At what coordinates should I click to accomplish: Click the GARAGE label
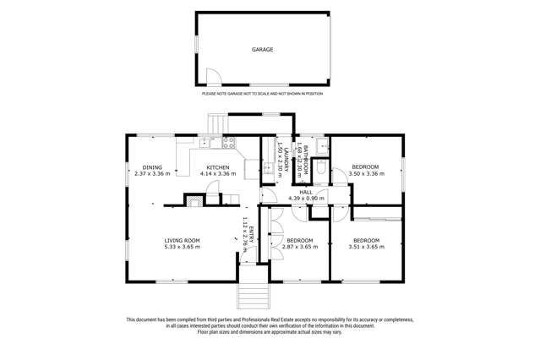click(262, 50)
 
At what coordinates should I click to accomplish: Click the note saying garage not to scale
click(262, 93)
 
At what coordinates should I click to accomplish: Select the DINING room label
click(152, 167)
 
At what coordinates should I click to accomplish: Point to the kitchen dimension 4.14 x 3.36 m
click(219, 174)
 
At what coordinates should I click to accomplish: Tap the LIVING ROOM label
click(182, 240)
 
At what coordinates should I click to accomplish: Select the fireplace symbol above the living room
click(195, 201)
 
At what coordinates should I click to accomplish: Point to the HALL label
click(306, 192)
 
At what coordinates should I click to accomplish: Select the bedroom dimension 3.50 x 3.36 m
click(365, 174)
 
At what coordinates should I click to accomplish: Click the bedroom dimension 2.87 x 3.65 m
click(300, 247)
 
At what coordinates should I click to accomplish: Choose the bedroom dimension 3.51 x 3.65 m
click(366, 247)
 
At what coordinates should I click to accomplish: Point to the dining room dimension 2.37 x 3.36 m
click(152, 174)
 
